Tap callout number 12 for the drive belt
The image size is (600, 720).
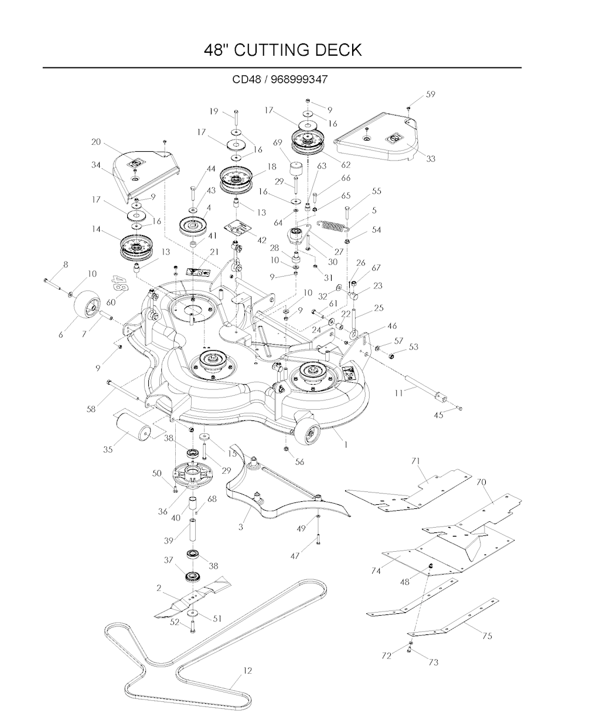click(247, 671)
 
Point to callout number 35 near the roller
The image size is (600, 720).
click(108, 450)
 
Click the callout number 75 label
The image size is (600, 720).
click(487, 636)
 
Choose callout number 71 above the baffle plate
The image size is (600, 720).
click(416, 461)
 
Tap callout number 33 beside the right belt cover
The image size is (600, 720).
click(431, 159)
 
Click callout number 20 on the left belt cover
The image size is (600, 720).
click(96, 141)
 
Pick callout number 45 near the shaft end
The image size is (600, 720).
click(438, 416)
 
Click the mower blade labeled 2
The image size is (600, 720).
click(192, 598)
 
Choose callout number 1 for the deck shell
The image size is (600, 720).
click(345, 444)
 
